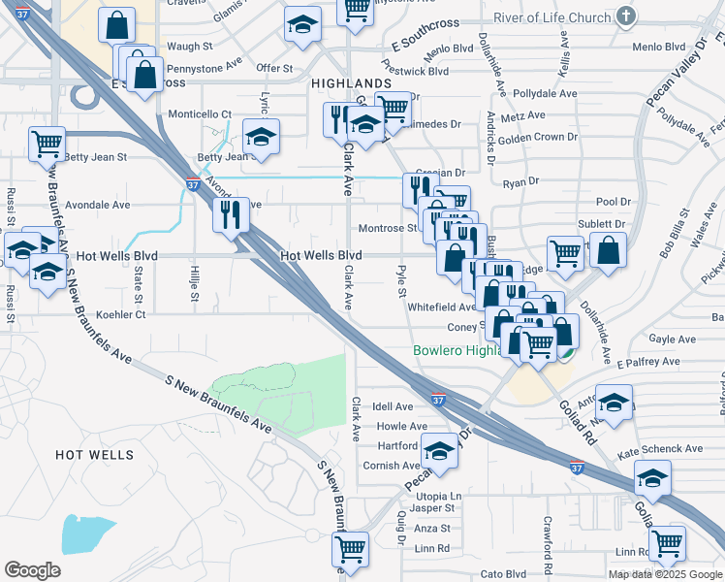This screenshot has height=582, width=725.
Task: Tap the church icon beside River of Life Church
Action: (x=626, y=16)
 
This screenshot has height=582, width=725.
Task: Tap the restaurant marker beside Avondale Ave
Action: (x=231, y=214)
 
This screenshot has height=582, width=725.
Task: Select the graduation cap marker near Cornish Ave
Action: (x=439, y=452)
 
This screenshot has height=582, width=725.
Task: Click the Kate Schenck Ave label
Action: (x=666, y=449)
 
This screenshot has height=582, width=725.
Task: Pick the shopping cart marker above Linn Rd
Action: (x=667, y=544)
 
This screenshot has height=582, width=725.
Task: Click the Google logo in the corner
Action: (x=32, y=570)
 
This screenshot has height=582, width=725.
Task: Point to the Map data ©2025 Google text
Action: (x=664, y=574)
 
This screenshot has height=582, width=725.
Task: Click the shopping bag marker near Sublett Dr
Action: (x=608, y=249)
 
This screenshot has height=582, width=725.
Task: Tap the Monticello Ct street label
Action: (x=200, y=114)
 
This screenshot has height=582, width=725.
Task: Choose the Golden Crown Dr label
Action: (x=539, y=137)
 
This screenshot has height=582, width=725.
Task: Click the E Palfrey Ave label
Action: (x=648, y=362)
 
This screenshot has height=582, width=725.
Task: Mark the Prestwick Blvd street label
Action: (x=414, y=71)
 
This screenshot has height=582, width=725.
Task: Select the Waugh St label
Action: (x=190, y=47)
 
